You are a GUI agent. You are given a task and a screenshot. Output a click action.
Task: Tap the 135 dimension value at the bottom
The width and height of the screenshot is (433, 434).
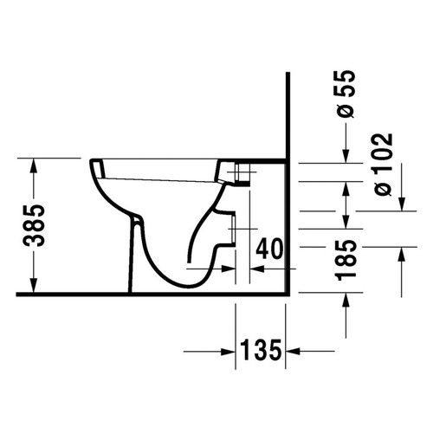[x=261, y=351]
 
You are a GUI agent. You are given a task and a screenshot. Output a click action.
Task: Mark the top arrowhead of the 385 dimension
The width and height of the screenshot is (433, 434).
[x=32, y=165]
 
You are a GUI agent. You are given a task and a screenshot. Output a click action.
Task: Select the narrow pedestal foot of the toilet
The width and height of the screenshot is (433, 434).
[x=135, y=260]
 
